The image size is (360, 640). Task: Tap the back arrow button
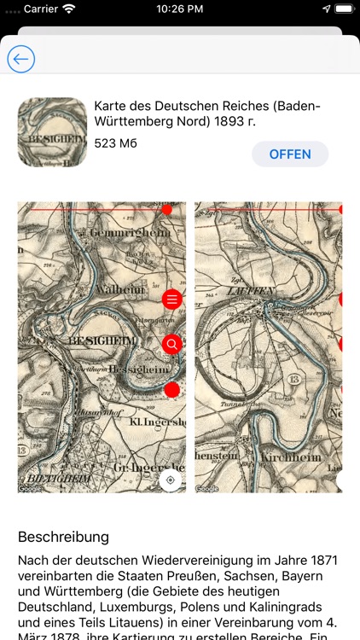click(20, 59)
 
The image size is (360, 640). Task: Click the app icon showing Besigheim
click(52, 131)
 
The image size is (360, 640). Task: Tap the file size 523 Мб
click(115, 143)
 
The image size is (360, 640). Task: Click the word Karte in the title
click(112, 106)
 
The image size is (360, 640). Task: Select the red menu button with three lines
click(172, 300)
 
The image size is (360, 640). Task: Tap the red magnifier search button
click(172, 344)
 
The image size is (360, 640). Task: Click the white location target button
click(171, 480)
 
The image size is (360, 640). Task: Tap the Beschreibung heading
click(63, 537)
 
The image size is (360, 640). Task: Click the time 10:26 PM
click(179, 9)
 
